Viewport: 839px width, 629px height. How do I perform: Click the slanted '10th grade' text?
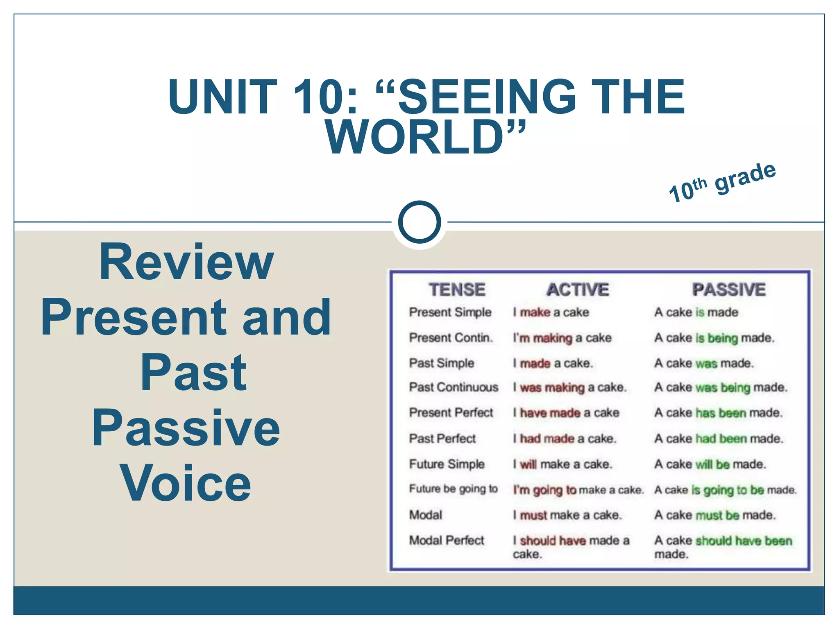pyautogui.click(x=722, y=183)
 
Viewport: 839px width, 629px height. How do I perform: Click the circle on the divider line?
pyautogui.click(x=419, y=222)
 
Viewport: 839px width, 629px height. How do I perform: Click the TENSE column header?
pyautogui.click(x=457, y=290)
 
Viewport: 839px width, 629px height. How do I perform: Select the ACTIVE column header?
pyautogui.click(x=578, y=290)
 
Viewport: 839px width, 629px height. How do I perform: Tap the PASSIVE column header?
pyautogui.click(x=729, y=290)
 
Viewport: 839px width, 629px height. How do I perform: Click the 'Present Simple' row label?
pyautogui.click(x=450, y=312)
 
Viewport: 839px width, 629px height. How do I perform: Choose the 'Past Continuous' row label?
pyautogui.click(x=454, y=387)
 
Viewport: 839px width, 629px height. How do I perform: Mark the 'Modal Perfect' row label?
pyautogui.click(x=447, y=541)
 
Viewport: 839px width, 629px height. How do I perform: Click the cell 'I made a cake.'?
pyautogui.click(x=553, y=363)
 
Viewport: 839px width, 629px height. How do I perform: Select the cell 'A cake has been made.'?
pyautogui.click(x=718, y=413)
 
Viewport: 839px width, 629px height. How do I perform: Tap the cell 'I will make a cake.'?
pyautogui.click(x=562, y=464)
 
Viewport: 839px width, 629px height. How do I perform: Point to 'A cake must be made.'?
pyautogui.click(x=715, y=515)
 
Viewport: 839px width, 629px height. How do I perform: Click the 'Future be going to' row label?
pyautogui.click(x=453, y=489)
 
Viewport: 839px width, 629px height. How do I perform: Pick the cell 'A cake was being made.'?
pyautogui.click(x=721, y=387)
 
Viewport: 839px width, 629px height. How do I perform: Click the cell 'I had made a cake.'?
pyautogui.click(x=565, y=439)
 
